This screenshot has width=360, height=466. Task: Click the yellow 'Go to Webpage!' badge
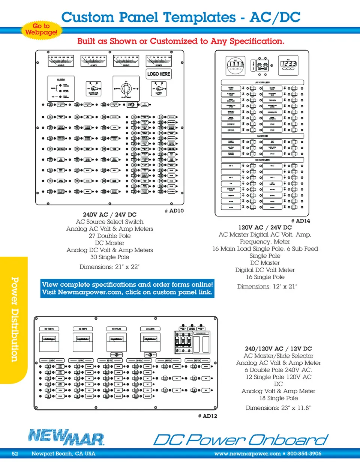pos(41,29)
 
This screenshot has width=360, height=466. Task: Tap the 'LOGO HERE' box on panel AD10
pos(159,74)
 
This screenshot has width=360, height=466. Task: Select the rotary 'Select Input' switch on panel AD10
pos(126,89)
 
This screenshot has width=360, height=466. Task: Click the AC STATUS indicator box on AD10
pos(61,89)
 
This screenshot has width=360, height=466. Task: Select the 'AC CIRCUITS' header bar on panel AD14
pos(262,83)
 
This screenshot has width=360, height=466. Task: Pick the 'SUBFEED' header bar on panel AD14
pos(262,136)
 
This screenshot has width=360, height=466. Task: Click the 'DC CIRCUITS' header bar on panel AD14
pos(262,160)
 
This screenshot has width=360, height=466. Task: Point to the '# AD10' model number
pos(174,211)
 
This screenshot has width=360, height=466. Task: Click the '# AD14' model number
pos(300,221)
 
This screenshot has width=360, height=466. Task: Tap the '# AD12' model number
pos(207,416)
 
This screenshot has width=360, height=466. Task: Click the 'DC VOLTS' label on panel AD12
pos(49,329)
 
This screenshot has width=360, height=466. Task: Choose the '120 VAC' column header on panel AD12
pos(139,361)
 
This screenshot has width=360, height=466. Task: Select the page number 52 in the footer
pos(15,454)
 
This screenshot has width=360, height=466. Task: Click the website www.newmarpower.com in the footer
pos(247,454)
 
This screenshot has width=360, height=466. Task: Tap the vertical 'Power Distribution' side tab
pos(14,319)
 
